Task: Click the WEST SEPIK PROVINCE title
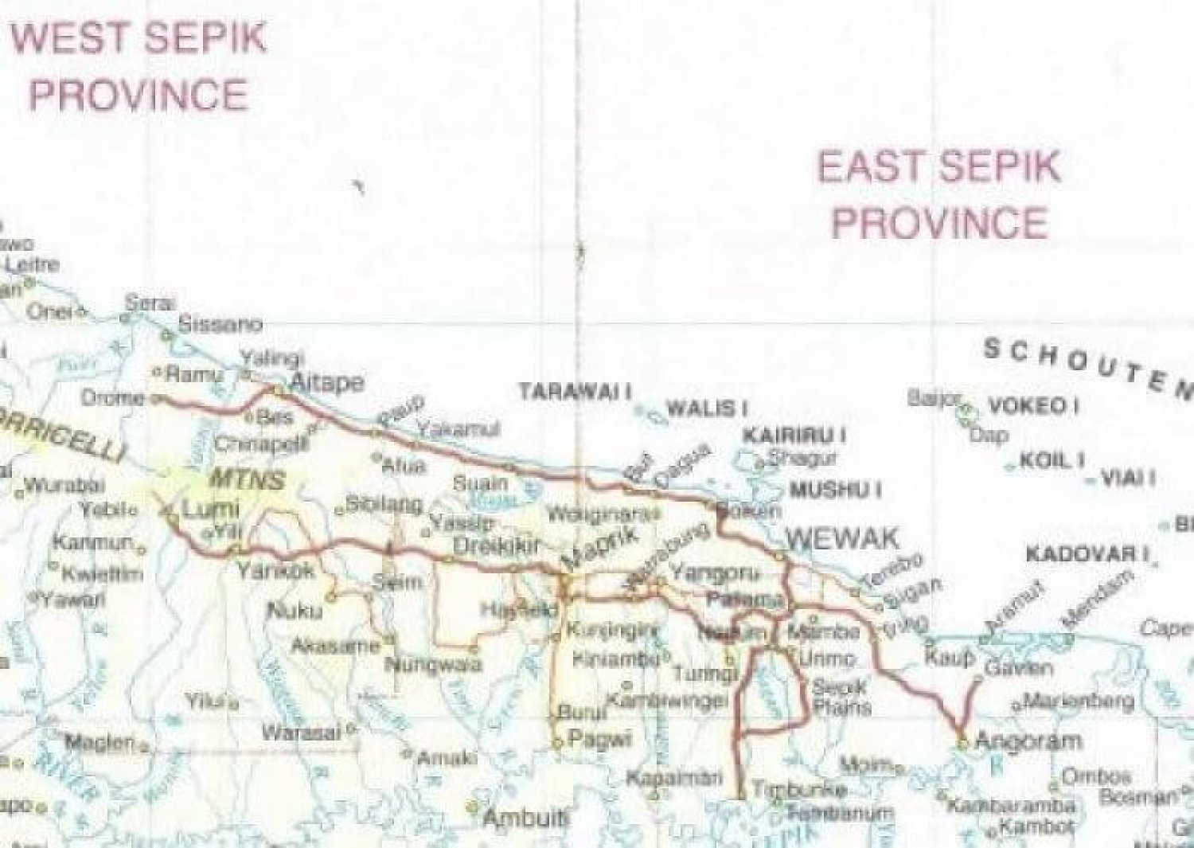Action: click(139, 67)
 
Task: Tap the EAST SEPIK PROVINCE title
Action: click(939, 194)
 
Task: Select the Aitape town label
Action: click(327, 383)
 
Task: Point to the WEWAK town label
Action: click(843, 539)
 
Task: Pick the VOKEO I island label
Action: click(1033, 406)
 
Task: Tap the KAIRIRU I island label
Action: click(794, 436)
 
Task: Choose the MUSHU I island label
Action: click(835, 489)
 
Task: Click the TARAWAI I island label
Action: click(575, 392)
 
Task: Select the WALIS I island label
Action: click(707, 409)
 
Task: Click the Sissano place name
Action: click(220, 324)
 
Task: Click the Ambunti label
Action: click(526, 817)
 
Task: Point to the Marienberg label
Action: click(1079, 701)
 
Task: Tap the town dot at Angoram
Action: click(962, 743)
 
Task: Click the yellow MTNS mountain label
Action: click(246, 480)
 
